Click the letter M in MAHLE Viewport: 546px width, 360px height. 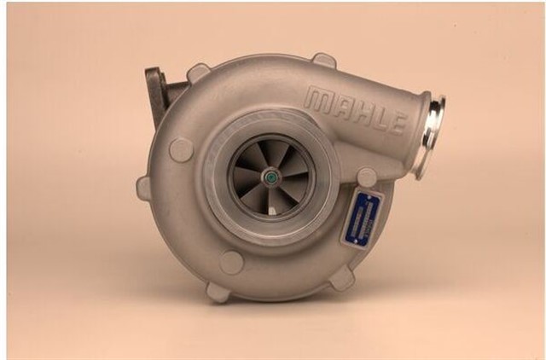click(318, 100)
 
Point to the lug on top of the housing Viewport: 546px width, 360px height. click(323, 61)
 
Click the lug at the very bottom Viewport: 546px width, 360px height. click(218, 292)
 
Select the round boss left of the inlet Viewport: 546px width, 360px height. click(181, 149)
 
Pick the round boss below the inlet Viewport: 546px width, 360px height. click(231, 262)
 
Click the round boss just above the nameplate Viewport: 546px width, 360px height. click(367, 177)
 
